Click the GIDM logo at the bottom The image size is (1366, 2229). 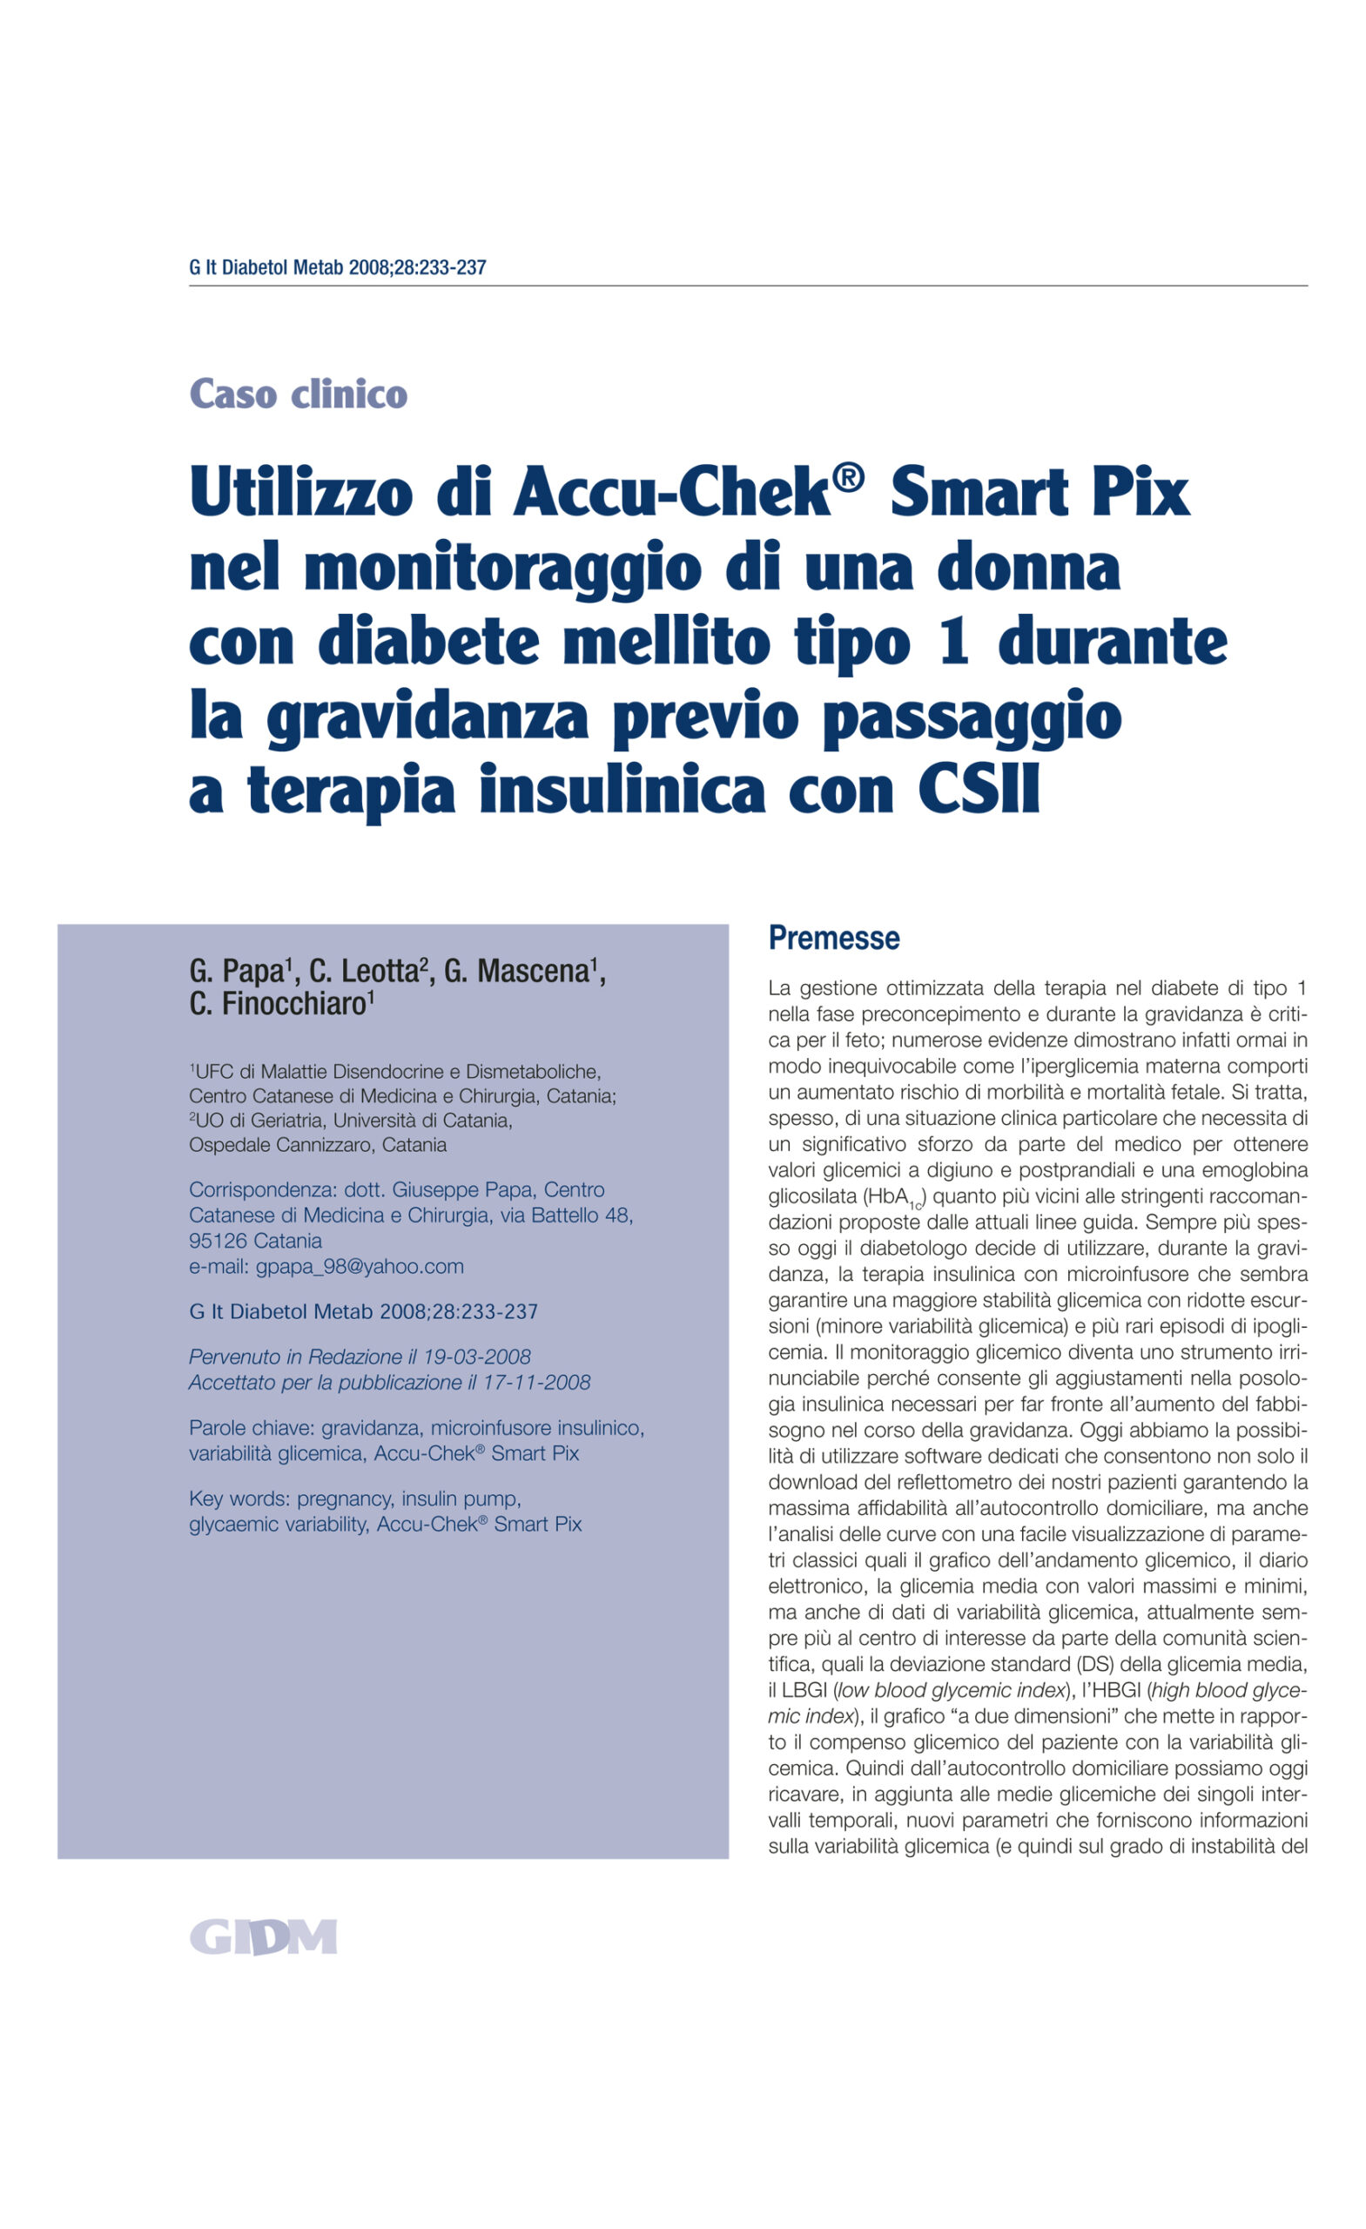[262, 1936]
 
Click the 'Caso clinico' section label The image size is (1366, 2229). [298, 394]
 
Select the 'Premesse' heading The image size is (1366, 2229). [833, 938]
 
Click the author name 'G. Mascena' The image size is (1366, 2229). [519, 972]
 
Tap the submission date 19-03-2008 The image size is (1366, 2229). [477, 1357]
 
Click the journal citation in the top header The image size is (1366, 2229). [338, 268]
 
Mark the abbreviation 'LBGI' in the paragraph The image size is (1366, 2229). [804, 1690]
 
